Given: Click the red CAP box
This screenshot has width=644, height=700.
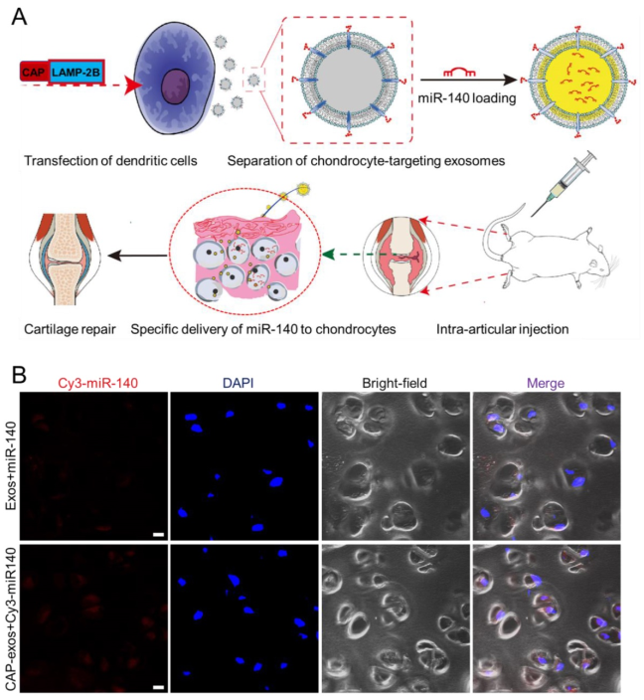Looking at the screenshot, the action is pos(35,72).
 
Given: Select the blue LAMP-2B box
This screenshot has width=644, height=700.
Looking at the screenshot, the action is pos(77,72).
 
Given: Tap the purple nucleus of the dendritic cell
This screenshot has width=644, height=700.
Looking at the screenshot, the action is pos(175,87).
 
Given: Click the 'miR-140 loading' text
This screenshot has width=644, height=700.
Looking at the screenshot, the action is pos(467,97).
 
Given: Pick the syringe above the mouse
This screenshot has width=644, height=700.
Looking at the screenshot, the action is pos(563,182).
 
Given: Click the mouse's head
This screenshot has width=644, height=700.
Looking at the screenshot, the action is pos(600,264).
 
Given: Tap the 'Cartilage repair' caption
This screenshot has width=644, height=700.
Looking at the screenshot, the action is pos(70,329).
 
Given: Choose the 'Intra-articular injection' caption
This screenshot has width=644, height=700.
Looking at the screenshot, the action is pos(502,329).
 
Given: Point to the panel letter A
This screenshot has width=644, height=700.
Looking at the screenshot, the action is pos(19,17).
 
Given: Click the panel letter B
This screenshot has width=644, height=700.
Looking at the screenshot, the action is pos(19,375).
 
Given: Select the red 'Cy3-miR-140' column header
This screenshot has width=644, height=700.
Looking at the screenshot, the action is pos(98,383).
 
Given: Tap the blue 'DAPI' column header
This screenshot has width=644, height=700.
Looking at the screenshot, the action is pos(238,383).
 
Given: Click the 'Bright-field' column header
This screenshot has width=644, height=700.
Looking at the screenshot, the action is pos(395,383).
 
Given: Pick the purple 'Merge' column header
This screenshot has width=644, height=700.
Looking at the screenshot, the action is pos(546,383).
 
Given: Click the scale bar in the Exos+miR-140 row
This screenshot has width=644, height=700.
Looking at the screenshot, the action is pos(158,534).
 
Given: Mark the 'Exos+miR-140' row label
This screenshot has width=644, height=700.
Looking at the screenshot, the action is pos(12,465).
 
